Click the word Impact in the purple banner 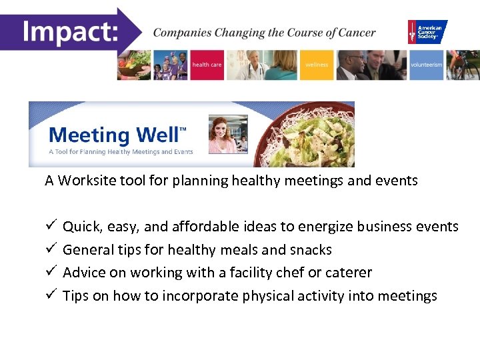pos(68,30)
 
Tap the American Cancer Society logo pos(427,31)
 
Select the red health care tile pos(207,65)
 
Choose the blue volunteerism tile pos(426,65)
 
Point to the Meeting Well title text pos(114,135)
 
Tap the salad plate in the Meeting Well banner pos(300,133)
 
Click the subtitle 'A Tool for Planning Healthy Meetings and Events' pos(121,152)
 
